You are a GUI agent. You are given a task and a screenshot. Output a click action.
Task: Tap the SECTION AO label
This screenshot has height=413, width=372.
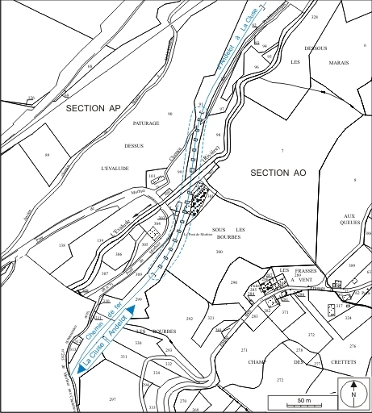click(278, 173)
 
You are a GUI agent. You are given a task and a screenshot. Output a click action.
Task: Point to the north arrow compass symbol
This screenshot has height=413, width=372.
click(353, 394)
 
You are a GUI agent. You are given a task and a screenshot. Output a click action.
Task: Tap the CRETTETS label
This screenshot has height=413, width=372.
click(349, 363)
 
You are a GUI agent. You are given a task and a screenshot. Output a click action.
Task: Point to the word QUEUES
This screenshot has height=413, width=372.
click(349, 225)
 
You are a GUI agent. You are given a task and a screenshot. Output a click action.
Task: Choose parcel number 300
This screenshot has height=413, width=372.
click(219, 252)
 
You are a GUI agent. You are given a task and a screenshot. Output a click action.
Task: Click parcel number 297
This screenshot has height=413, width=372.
click(113, 399)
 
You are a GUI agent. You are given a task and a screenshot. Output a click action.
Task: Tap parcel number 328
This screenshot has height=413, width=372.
click(315, 16)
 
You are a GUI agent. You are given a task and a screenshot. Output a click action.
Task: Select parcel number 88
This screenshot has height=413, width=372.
click(47, 155)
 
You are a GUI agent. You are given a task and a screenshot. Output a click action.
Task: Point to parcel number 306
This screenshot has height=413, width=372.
click(119, 255)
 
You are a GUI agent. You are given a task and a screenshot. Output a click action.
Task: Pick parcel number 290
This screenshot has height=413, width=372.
click(234, 282)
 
